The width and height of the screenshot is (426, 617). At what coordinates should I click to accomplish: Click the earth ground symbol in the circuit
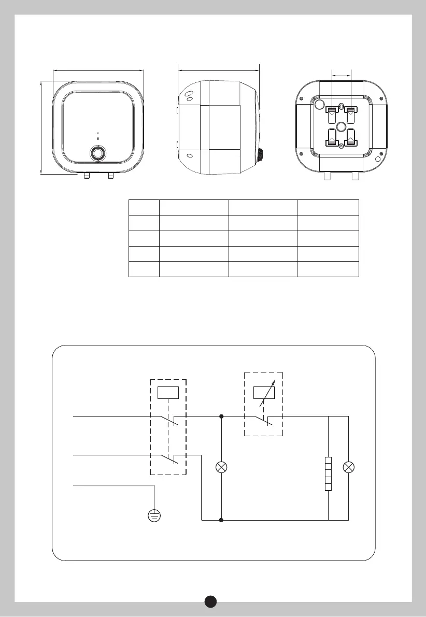154,515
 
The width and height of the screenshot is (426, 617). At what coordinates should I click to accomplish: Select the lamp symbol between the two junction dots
222,467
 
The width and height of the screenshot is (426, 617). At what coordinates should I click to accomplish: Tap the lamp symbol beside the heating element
349,467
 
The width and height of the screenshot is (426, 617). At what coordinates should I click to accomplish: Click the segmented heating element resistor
329,473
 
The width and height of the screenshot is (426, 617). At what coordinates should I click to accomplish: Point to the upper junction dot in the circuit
222,415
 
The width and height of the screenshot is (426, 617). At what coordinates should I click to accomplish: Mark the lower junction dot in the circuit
222,520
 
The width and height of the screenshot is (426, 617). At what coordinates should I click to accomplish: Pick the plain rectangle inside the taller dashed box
168,393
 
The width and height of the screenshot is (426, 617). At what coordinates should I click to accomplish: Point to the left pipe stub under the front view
86,177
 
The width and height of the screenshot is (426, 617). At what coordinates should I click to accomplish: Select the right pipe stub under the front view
110,177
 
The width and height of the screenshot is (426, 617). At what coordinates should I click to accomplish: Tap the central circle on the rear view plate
341,127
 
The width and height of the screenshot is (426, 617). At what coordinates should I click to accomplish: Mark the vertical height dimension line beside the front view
41,127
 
